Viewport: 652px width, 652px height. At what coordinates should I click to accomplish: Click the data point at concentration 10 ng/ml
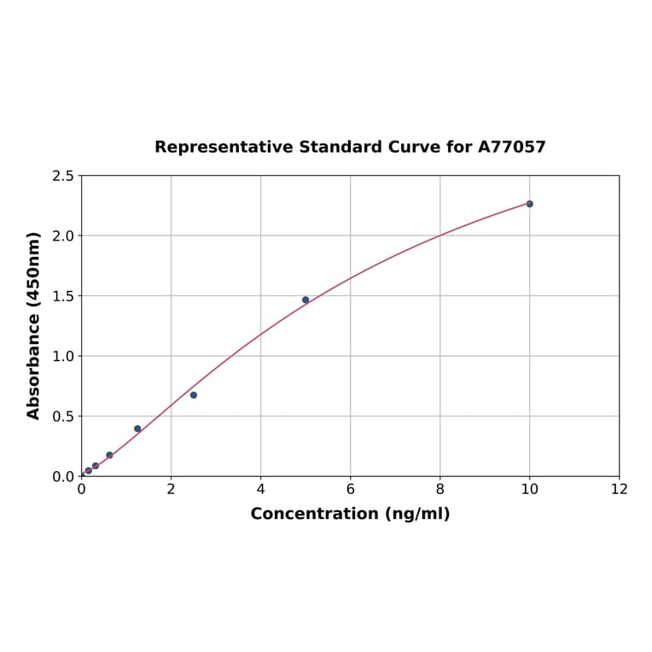529,204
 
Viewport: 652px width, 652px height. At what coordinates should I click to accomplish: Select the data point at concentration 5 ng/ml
306,300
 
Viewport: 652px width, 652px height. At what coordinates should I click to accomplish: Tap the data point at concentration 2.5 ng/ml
194,395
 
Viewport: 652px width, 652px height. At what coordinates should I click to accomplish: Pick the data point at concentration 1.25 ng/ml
137,429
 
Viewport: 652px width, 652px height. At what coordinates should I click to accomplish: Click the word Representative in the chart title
224,148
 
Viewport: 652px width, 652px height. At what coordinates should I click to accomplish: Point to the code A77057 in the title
511,148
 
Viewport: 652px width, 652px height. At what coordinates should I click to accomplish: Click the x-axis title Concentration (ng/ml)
350,514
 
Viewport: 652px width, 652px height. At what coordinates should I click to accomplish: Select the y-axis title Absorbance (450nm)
34,325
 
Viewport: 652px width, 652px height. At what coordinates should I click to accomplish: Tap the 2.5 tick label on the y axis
63,176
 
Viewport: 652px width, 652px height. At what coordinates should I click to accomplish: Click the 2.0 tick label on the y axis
63,236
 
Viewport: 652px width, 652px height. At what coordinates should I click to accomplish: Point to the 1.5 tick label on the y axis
63,296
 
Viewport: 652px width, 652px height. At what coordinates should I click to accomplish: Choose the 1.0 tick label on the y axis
63,356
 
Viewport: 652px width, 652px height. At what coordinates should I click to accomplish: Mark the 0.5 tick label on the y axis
63,416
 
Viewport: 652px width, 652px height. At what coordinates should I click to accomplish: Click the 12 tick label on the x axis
620,489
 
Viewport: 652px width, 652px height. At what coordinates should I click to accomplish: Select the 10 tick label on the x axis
529,489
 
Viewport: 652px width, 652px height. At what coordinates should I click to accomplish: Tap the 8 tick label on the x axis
440,489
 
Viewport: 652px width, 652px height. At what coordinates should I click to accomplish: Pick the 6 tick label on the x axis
350,489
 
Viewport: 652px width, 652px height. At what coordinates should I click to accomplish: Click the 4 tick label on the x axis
260,489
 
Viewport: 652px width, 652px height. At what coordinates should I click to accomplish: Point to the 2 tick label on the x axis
171,489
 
